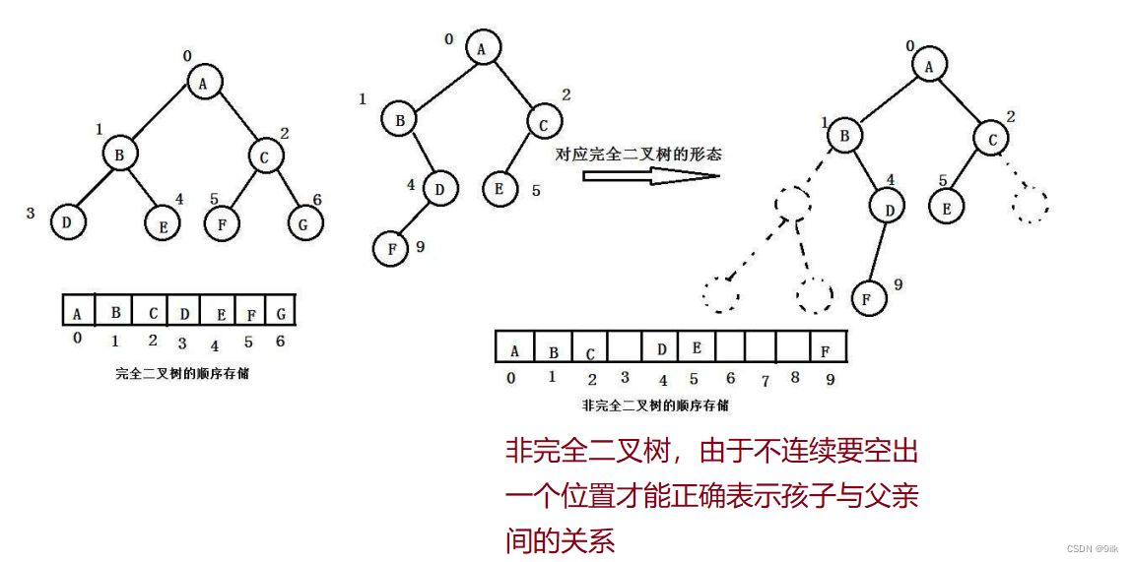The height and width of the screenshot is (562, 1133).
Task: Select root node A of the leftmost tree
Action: (204, 84)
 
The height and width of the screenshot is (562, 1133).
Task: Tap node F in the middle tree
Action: (391, 249)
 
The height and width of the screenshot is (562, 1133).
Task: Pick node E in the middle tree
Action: (500, 188)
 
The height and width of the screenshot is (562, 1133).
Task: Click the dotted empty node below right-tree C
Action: (1031, 204)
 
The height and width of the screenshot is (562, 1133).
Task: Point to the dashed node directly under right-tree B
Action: (793, 203)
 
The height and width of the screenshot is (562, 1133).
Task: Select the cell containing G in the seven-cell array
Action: (280, 313)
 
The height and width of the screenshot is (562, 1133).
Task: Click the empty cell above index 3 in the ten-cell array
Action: (624, 348)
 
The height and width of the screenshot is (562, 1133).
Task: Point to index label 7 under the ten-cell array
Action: (766, 380)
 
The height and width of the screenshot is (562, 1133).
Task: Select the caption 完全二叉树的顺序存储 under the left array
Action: (181, 373)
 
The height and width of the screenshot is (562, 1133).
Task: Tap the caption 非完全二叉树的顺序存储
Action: (656, 405)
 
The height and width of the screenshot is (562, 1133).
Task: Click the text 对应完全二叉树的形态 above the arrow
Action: (638, 155)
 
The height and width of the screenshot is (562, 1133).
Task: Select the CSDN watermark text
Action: (1094, 548)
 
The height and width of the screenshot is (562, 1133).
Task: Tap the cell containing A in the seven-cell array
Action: (77, 313)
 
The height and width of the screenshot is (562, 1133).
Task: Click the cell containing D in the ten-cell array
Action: (661, 348)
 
